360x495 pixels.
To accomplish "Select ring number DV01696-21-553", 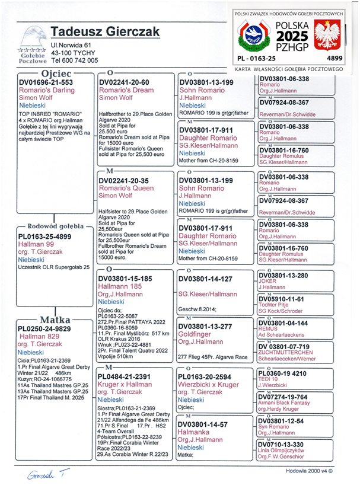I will [46, 82].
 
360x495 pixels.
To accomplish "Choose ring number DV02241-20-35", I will [123, 181].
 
